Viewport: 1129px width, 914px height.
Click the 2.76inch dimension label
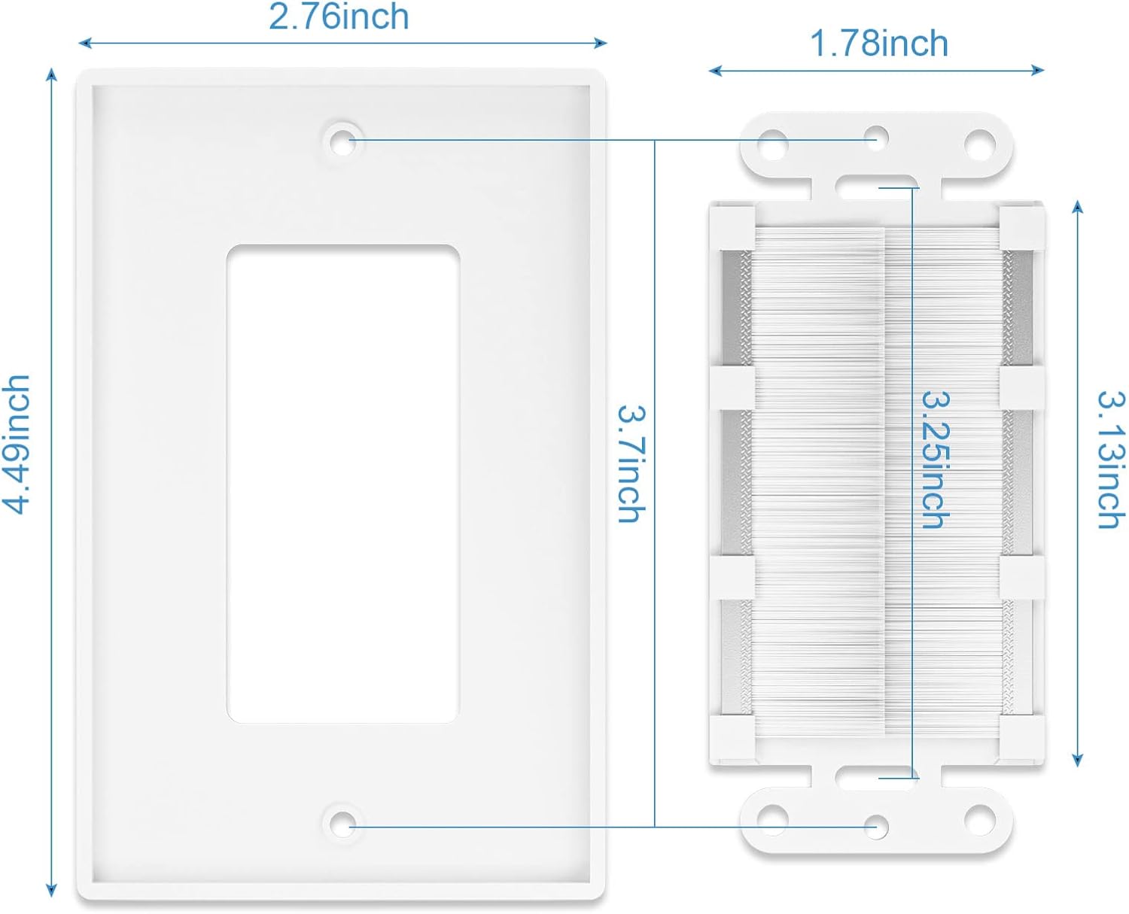click(x=339, y=17)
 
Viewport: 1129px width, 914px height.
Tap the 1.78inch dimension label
click(x=879, y=44)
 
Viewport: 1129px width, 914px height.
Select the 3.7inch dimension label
click(x=631, y=464)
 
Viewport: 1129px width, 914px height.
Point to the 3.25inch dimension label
click(x=936, y=460)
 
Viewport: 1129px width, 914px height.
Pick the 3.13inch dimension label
click(x=1110, y=460)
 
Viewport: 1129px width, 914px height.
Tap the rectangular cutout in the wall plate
click(x=343, y=483)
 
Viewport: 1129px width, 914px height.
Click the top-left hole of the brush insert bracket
click(x=773, y=144)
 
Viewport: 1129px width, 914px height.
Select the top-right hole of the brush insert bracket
click(x=979, y=144)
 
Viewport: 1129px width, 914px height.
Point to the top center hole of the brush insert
click(x=876, y=137)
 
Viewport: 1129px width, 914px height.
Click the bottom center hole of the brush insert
click(x=876, y=827)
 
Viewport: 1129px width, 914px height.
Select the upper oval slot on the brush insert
click(x=877, y=187)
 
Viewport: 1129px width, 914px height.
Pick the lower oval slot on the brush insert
click(x=877, y=778)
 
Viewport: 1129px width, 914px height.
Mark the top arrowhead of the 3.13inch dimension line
click(x=1077, y=207)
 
